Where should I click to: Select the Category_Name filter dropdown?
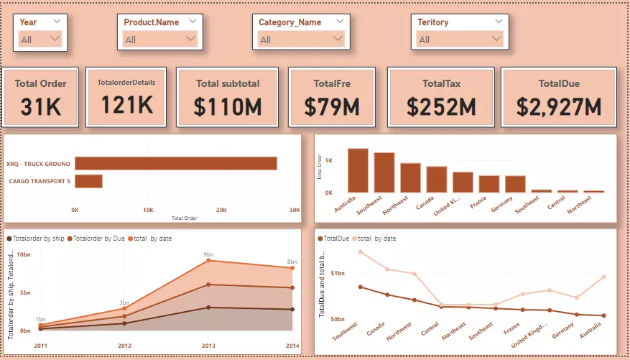coord(300,39)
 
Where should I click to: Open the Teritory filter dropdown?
coord(460,39)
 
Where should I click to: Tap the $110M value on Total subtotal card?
coord(228,106)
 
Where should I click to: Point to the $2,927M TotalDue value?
coord(559,107)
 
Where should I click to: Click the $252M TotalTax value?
coord(441,106)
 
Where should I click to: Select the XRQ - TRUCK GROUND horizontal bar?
coord(176,164)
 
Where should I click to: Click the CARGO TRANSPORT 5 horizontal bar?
coord(88,181)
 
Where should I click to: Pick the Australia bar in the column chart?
coord(358,170)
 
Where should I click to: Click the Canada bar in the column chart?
coord(436,180)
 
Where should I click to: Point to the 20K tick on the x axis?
coord(221,211)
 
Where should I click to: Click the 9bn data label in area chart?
coord(208,254)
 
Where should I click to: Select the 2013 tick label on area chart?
coord(208,346)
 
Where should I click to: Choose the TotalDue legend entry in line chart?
coord(336,238)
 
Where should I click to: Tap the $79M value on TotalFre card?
coord(331,106)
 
